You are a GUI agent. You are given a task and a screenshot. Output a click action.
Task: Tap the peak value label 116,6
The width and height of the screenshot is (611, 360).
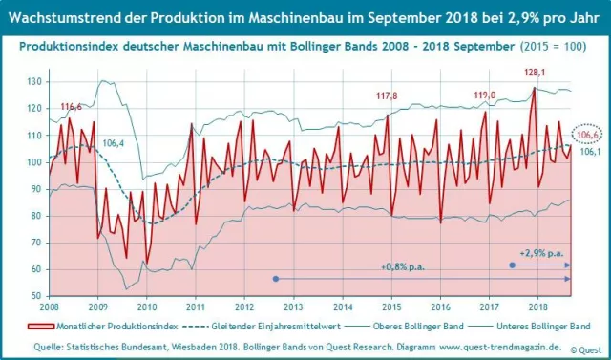[71, 106]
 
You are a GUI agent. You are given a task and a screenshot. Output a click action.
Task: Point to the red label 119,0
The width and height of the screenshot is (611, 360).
[485, 95]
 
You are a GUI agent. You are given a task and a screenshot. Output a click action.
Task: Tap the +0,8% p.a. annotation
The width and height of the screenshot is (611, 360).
[402, 266]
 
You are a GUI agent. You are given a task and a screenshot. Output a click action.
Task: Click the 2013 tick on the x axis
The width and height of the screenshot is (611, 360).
[293, 307]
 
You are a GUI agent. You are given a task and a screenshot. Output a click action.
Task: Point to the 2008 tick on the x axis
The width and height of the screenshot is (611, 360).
[49, 307]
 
